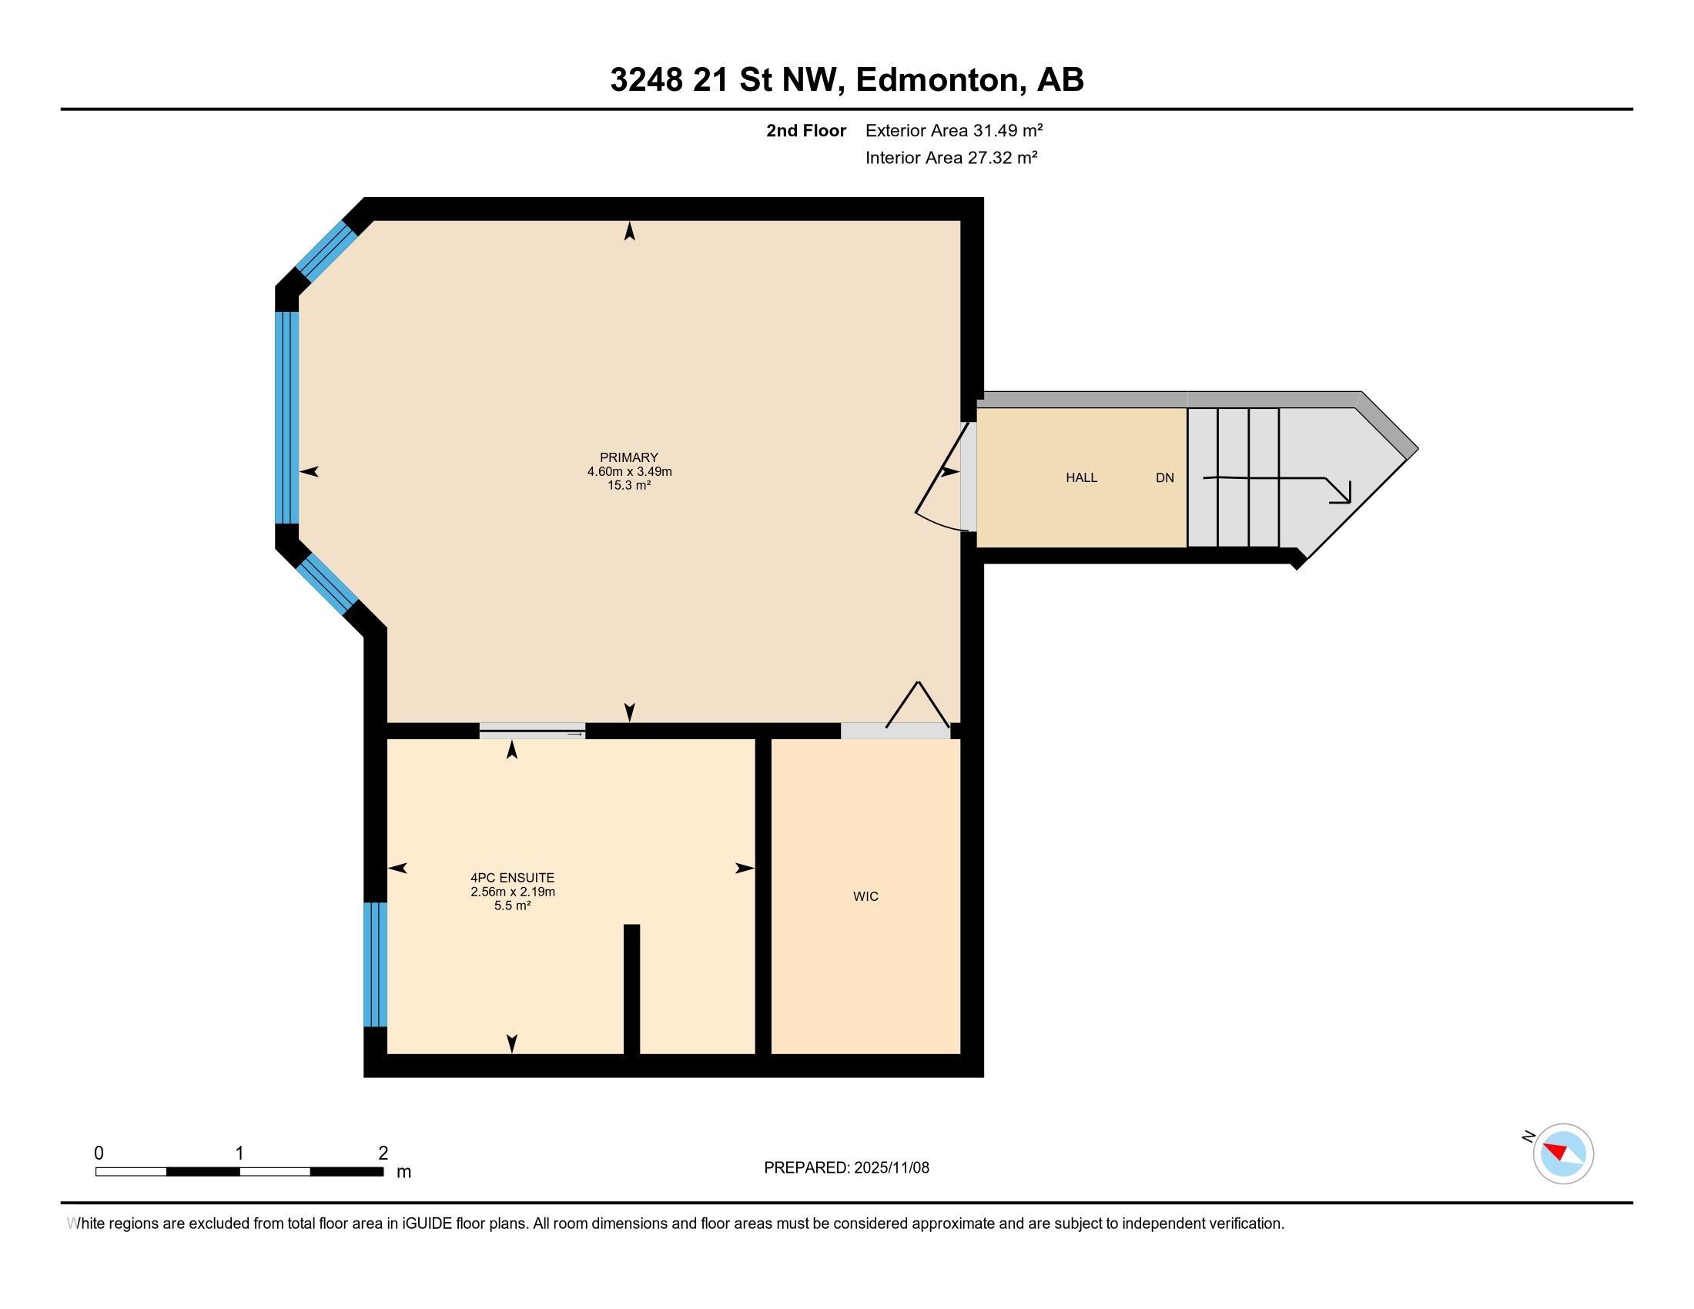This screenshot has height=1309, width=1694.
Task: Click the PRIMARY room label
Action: (x=628, y=457)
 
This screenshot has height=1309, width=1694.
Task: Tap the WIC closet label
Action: (x=865, y=896)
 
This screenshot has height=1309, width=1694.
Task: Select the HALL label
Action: (x=1081, y=477)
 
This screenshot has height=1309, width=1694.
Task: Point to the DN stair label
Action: (x=1164, y=477)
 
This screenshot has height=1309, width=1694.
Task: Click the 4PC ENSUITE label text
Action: (x=513, y=878)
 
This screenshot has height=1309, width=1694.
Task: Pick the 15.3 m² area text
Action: (x=628, y=485)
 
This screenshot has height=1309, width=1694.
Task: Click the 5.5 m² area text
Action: (x=513, y=906)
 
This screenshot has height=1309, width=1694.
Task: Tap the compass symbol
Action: (x=1562, y=1153)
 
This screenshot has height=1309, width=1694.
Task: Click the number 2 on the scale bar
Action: (x=383, y=1153)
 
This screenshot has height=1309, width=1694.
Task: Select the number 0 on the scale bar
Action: (x=99, y=1153)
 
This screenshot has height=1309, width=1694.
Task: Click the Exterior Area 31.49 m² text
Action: (x=954, y=130)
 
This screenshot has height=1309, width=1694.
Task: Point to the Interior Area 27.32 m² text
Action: (x=951, y=158)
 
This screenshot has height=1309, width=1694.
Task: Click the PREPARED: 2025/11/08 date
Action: (x=846, y=1168)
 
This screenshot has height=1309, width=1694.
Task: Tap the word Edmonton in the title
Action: (x=937, y=80)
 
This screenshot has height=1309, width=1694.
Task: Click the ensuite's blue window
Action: (x=376, y=964)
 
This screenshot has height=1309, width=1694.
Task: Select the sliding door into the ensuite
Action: (x=532, y=731)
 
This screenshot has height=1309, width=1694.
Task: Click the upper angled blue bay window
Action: (x=326, y=250)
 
